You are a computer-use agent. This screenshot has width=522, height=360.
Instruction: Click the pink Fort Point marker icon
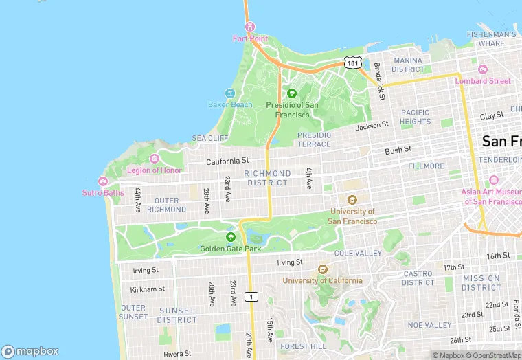(x=249, y=27)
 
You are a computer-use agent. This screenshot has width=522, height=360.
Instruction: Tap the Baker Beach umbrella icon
(x=230, y=93)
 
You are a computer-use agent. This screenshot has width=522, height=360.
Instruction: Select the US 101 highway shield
(x=352, y=63)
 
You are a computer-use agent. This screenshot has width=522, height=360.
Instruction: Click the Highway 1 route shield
(x=253, y=296)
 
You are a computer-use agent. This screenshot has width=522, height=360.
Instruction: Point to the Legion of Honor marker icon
(x=163, y=159)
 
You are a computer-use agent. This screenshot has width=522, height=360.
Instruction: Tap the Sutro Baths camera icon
(x=103, y=181)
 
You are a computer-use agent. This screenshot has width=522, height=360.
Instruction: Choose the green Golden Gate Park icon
(x=230, y=236)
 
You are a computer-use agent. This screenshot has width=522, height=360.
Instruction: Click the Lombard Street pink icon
(x=482, y=69)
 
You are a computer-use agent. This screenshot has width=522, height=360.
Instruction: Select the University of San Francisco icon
(x=352, y=200)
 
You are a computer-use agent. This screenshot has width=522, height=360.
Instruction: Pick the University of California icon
(x=322, y=269)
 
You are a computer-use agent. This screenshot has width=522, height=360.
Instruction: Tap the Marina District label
(x=408, y=65)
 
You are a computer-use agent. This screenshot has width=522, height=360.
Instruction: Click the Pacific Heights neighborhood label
(x=415, y=117)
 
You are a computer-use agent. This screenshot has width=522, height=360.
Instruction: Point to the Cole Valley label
(x=358, y=254)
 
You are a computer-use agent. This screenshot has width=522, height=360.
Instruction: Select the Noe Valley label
(x=429, y=325)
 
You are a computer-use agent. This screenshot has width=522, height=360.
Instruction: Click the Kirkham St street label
(x=148, y=289)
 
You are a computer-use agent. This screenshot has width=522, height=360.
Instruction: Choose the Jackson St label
(x=372, y=126)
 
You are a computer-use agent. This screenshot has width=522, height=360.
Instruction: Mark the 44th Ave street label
(x=138, y=199)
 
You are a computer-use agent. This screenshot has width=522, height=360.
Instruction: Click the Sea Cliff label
(x=209, y=138)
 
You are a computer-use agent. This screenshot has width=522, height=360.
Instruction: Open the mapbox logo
(x=30, y=350)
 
